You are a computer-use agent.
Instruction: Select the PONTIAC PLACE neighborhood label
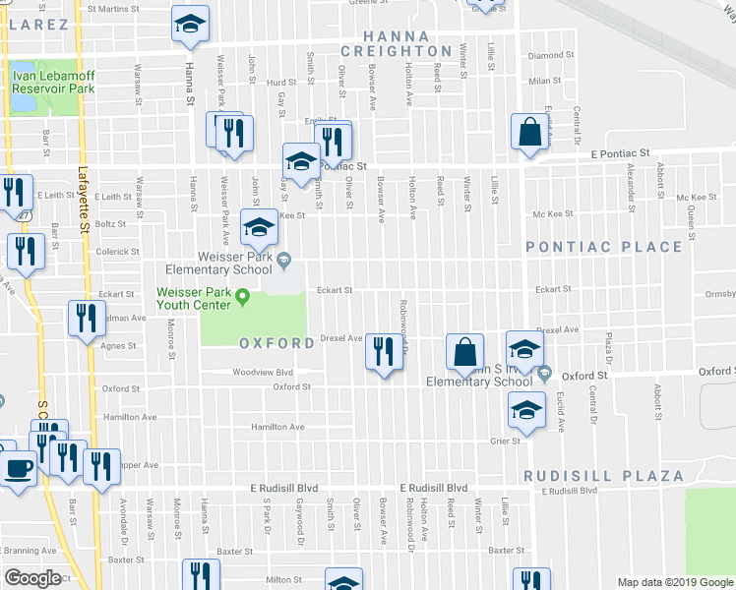point(603,247)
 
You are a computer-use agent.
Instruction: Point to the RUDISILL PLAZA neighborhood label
point(603,476)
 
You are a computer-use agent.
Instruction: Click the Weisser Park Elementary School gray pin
point(284,261)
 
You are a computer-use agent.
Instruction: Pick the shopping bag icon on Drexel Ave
point(464,351)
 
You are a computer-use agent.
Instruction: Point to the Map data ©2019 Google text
point(674,582)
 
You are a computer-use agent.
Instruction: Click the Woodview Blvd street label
point(263,373)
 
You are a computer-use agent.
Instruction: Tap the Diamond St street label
point(551,56)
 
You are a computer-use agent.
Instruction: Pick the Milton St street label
point(282,579)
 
